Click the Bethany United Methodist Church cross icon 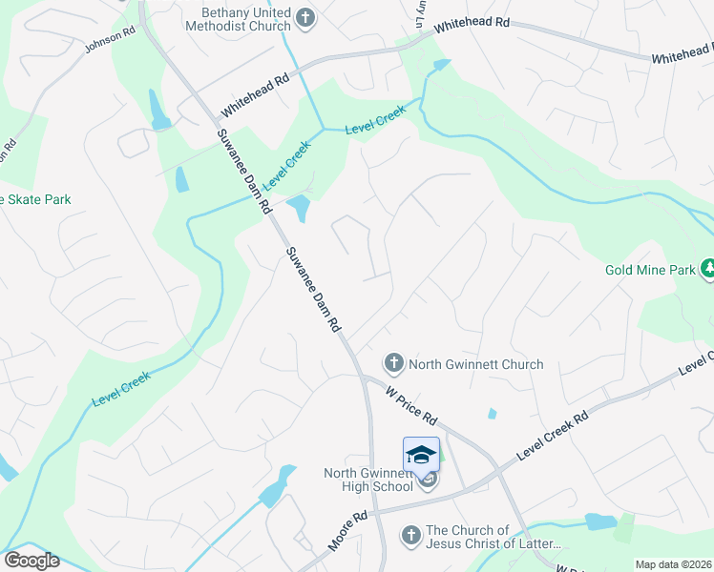pos(304,17)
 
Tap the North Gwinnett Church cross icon pos(392,362)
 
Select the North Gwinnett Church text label pos(475,364)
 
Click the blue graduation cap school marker pos(421,454)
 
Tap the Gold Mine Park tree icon pos(708,269)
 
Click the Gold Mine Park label pos(650,271)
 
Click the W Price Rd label pos(411,404)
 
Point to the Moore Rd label pos(346,531)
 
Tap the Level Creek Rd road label pos(553,435)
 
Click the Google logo pos(31,561)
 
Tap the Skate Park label pos(36,199)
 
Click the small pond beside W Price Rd pos(492,414)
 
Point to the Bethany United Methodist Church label pos(245,19)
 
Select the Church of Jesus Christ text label pos(493,538)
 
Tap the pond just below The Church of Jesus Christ pos(600,521)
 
